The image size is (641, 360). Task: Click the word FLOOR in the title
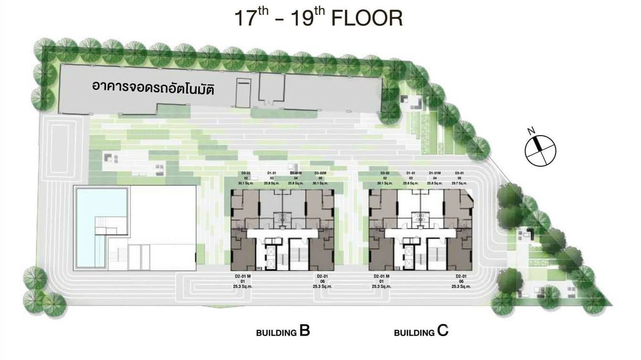tap(367, 18)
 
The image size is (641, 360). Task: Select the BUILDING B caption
tap(283, 331)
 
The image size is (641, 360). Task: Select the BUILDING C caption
tap(421, 331)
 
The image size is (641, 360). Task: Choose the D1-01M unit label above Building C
tap(435, 173)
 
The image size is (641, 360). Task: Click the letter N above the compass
tap(530, 130)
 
